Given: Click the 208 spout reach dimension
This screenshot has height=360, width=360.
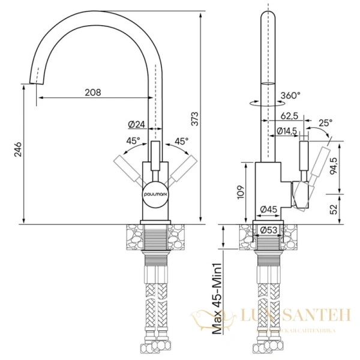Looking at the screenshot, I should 92,92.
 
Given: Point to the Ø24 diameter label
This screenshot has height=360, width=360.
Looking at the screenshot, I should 137,125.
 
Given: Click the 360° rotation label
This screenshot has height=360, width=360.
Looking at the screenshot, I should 290,95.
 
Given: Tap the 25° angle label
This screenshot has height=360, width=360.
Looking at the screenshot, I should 325,124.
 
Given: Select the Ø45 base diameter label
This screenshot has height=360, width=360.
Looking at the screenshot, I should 268,209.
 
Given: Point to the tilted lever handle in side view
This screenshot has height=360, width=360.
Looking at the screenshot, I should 319,166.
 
